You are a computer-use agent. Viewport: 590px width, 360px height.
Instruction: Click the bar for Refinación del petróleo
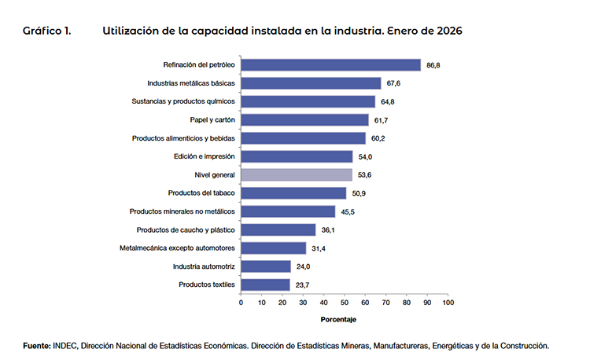[330, 65]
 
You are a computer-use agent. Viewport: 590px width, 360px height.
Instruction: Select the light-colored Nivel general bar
[297, 174]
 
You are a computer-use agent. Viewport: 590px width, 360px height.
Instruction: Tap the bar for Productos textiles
[265, 285]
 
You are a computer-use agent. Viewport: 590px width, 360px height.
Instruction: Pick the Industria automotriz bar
[266, 266]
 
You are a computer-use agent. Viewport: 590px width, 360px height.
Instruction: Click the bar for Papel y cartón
[304, 120]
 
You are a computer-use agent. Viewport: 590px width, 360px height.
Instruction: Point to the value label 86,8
[433, 65]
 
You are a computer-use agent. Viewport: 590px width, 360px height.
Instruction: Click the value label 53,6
[364, 174]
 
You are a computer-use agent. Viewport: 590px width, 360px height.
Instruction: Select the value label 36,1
[327, 230]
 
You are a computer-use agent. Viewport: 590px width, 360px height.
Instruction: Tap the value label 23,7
[301, 285]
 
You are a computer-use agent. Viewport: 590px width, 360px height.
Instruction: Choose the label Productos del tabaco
[202, 193]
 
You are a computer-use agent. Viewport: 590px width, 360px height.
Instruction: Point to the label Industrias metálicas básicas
[191, 83]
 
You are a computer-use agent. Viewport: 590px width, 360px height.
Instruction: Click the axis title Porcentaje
[339, 320]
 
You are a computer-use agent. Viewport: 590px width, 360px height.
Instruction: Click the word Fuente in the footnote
[37, 345]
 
